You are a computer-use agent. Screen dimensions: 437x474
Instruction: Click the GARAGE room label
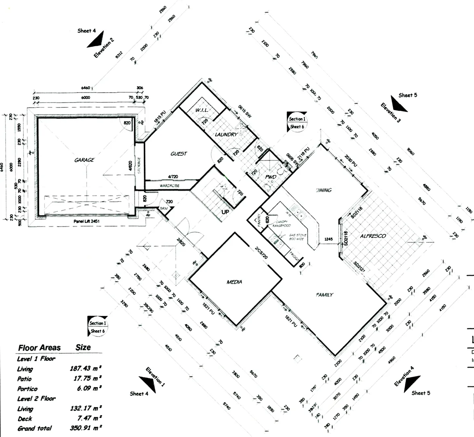pyautogui.click(x=84, y=160)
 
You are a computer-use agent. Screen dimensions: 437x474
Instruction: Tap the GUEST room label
pyautogui.click(x=179, y=154)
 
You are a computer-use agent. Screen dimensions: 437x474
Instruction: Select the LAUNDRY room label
pyautogui.click(x=226, y=134)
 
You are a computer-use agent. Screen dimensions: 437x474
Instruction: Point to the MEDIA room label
pyautogui.click(x=234, y=282)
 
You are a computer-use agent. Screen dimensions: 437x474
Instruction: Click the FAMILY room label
pyautogui.click(x=324, y=295)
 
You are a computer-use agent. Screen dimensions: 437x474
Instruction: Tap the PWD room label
pyautogui.click(x=270, y=177)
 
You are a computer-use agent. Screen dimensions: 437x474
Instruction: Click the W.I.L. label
pyautogui.click(x=202, y=110)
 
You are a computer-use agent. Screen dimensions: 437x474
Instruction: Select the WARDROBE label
pyautogui.click(x=169, y=186)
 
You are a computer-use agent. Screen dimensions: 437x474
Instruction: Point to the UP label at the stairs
pyautogui.click(x=225, y=211)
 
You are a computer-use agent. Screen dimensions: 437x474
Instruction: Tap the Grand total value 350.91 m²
pyautogui.click(x=86, y=428)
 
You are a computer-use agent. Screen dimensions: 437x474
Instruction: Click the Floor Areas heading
pyautogui.click(x=39, y=348)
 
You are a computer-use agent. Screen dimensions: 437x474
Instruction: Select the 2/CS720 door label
pyautogui.click(x=261, y=253)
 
